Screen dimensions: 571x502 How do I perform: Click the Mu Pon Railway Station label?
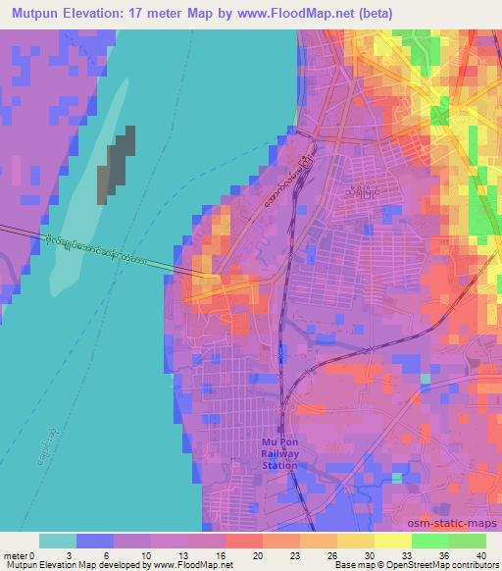pyautogui.click(x=282, y=453)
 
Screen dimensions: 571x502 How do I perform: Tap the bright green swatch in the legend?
pyautogui.click(x=430, y=541)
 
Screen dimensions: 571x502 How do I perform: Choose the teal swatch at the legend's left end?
pyautogui.click(x=58, y=541)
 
